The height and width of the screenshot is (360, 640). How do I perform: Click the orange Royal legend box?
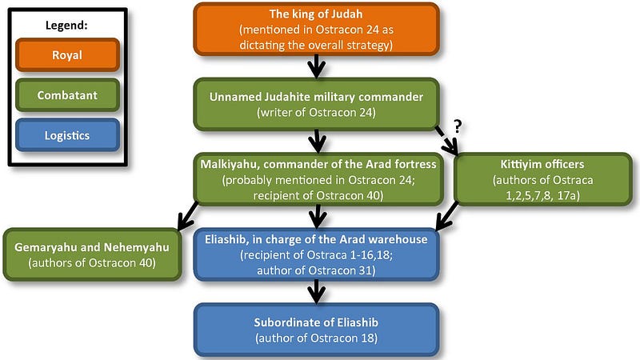[x=67, y=55]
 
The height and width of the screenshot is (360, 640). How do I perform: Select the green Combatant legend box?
[x=67, y=95]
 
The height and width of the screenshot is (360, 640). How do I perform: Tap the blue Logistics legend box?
[x=67, y=135]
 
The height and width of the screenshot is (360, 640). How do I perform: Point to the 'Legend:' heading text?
[x=66, y=26]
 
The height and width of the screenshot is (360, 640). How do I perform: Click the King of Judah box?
[x=316, y=30]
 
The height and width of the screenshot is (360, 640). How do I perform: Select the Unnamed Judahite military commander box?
[x=316, y=105]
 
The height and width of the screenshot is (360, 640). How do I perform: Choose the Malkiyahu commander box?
[x=318, y=179]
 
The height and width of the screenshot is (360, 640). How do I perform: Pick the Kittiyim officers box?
[x=543, y=179]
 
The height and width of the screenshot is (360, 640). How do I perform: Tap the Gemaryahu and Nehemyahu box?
[x=92, y=254]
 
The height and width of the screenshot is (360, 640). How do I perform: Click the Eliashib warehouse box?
[x=316, y=254]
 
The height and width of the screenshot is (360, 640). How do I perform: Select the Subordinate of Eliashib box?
[x=316, y=330]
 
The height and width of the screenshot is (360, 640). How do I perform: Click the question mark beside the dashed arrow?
[x=458, y=126]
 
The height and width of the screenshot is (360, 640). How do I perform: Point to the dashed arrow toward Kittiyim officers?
[x=446, y=141]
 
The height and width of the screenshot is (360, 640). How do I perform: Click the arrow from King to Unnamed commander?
[x=316, y=66]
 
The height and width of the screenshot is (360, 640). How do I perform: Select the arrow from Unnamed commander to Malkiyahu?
[x=317, y=142]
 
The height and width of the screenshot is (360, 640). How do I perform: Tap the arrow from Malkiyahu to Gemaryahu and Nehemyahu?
[x=187, y=216]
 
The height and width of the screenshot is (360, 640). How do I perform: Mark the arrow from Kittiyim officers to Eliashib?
[x=446, y=217]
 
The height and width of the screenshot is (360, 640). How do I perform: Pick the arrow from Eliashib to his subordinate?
[x=316, y=292]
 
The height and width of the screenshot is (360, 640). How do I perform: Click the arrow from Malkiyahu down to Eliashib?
[x=317, y=217]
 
